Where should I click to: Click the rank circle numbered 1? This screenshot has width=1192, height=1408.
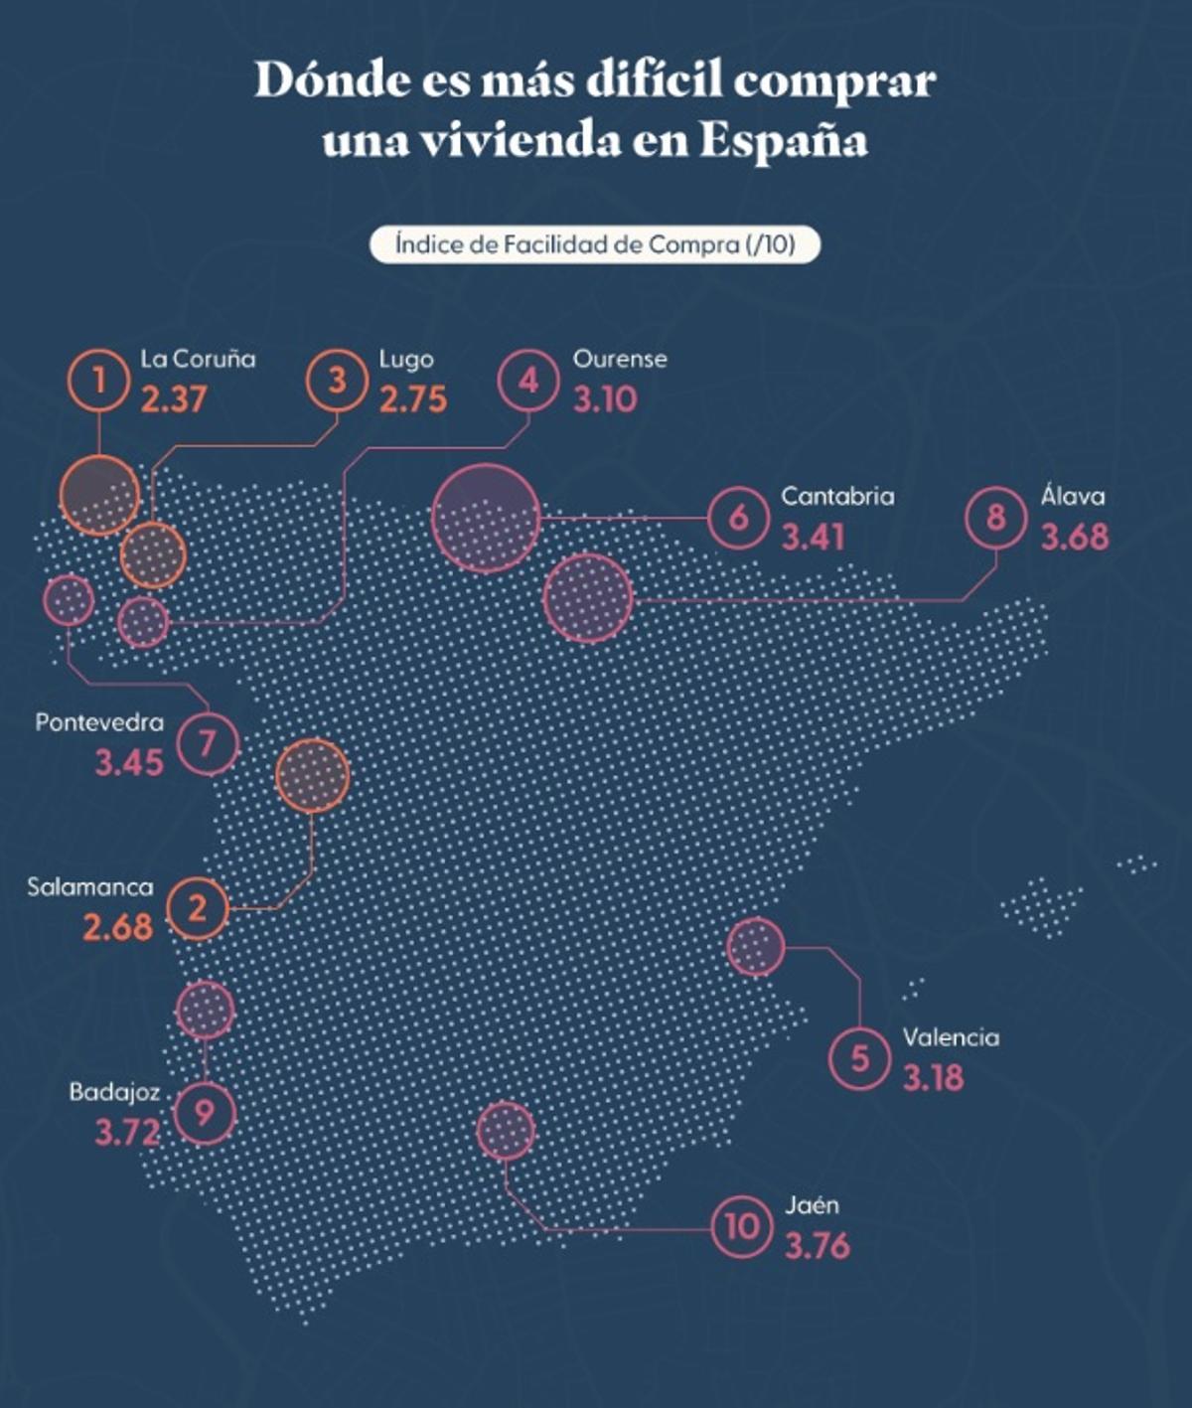click(x=98, y=381)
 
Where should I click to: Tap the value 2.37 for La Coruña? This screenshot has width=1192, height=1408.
click(x=174, y=399)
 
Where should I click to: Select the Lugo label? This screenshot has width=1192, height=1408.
click(x=406, y=359)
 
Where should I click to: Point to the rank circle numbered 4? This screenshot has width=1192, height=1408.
click(x=528, y=381)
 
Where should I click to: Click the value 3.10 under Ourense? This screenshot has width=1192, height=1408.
click(x=605, y=399)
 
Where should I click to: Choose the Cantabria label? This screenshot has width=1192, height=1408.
click(x=837, y=496)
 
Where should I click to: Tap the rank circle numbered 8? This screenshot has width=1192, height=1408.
click(x=996, y=518)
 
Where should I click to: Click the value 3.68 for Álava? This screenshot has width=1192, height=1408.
click(x=1075, y=537)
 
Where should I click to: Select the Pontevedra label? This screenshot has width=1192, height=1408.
click(x=99, y=722)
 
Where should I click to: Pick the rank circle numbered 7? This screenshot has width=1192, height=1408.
click(x=208, y=743)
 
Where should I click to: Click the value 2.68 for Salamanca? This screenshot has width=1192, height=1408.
click(x=118, y=927)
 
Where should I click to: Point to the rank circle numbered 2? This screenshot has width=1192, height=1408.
click(x=198, y=908)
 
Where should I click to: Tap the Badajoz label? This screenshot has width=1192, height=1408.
click(x=114, y=1092)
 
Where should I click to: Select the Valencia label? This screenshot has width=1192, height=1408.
click(x=951, y=1037)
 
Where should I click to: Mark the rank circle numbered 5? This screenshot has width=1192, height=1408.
click(x=859, y=1058)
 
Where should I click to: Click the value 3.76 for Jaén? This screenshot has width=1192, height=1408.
click(x=818, y=1245)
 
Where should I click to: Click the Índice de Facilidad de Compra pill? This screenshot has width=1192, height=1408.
click(x=595, y=244)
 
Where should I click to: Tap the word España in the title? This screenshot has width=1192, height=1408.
click(x=784, y=140)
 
